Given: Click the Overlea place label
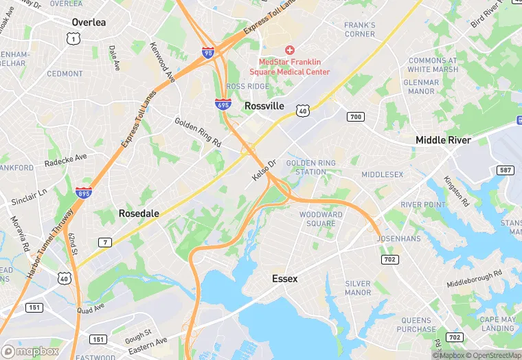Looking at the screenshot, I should tap(89, 23).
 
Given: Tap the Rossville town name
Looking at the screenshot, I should tap(264, 106).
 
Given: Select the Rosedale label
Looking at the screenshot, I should tap(139, 214).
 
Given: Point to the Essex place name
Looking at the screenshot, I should tap(284, 278).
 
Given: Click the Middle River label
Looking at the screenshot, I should tap(443, 140).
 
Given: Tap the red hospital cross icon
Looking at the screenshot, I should tap(289, 50).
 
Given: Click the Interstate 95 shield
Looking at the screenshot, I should tap(208, 52).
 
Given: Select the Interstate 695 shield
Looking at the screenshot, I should tap(223, 104).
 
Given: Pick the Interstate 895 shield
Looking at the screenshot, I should tap(84, 193).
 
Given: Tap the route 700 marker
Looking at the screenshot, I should tap(355, 117).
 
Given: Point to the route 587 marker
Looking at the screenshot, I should tap(506, 170).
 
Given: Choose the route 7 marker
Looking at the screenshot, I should tap(105, 242).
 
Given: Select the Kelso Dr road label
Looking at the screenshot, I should tap(264, 170).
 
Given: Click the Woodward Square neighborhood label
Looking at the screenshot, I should tap(321, 218).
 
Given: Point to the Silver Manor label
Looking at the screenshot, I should tap(358, 288).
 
